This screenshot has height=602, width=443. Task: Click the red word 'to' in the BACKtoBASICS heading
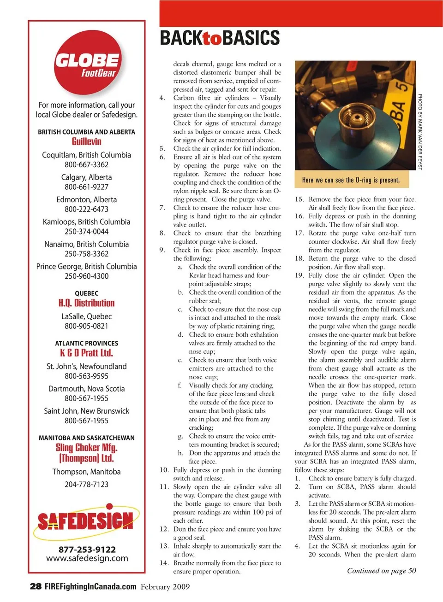pyautogui.click(x=212, y=38)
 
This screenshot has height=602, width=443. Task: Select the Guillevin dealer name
pyautogui.click(x=86, y=141)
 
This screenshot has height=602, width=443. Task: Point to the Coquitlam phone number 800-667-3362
pyautogui.click(x=86, y=164)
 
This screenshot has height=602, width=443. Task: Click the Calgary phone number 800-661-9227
pyautogui.click(x=86, y=187)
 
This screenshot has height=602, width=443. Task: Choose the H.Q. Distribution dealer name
pyautogui.click(x=86, y=303)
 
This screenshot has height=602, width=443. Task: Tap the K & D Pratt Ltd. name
pyautogui.click(x=86, y=353)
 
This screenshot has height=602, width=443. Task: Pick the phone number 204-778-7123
pyautogui.click(x=86, y=484)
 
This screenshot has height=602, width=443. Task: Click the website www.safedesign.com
pyautogui.click(x=87, y=558)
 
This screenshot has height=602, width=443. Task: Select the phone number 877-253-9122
pyautogui.click(x=87, y=549)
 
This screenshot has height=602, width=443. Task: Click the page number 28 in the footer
pyautogui.click(x=36, y=586)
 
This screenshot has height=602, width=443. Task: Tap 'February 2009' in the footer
pyautogui.click(x=165, y=586)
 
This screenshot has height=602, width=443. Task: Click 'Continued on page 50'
pyautogui.click(x=381, y=571)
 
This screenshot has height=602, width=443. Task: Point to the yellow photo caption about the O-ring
pyautogui.click(x=351, y=180)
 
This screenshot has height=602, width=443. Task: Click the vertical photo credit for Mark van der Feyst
pyautogui.click(x=420, y=132)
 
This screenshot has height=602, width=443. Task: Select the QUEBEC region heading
pyautogui.click(x=86, y=293)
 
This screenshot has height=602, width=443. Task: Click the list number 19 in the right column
pyautogui.click(x=299, y=275)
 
